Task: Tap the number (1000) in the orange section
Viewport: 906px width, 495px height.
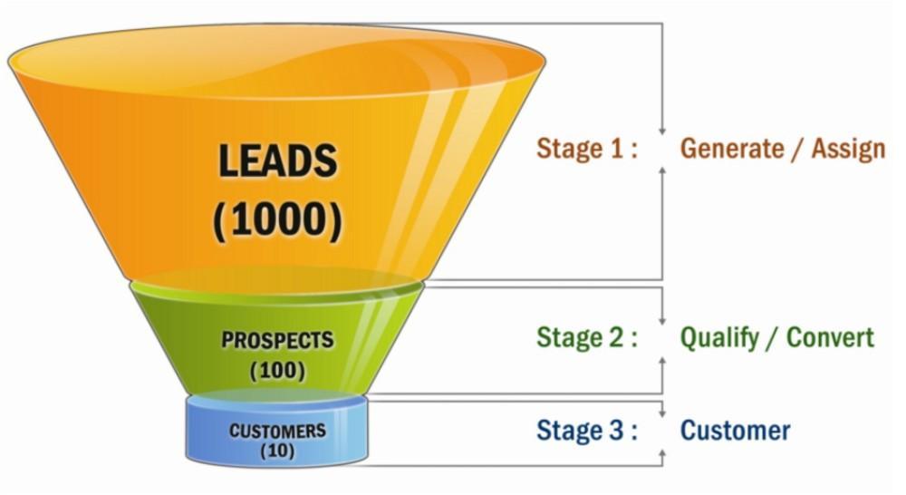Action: click(x=278, y=220)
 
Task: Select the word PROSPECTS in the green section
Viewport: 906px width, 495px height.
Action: click(x=277, y=341)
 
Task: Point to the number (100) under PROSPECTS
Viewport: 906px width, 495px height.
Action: click(x=277, y=370)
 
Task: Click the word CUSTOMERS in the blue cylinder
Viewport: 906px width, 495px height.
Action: click(x=277, y=430)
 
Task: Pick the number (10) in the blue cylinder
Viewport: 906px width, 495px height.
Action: click(x=277, y=450)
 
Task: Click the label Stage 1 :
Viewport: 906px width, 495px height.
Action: click(x=586, y=148)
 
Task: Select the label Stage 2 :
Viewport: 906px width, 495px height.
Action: click(x=586, y=337)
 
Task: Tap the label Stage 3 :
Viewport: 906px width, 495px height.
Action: click(x=586, y=429)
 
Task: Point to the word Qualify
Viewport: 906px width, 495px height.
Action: click(x=720, y=337)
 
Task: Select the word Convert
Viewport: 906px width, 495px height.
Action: click(x=830, y=337)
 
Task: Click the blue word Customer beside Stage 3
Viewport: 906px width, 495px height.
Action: click(x=735, y=429)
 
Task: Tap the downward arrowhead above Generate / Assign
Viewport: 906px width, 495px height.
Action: click(x=663, y=130)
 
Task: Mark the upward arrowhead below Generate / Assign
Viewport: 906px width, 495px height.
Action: click(x=663, y=170)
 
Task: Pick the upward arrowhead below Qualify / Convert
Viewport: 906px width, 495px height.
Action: click(x=663, y=360)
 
